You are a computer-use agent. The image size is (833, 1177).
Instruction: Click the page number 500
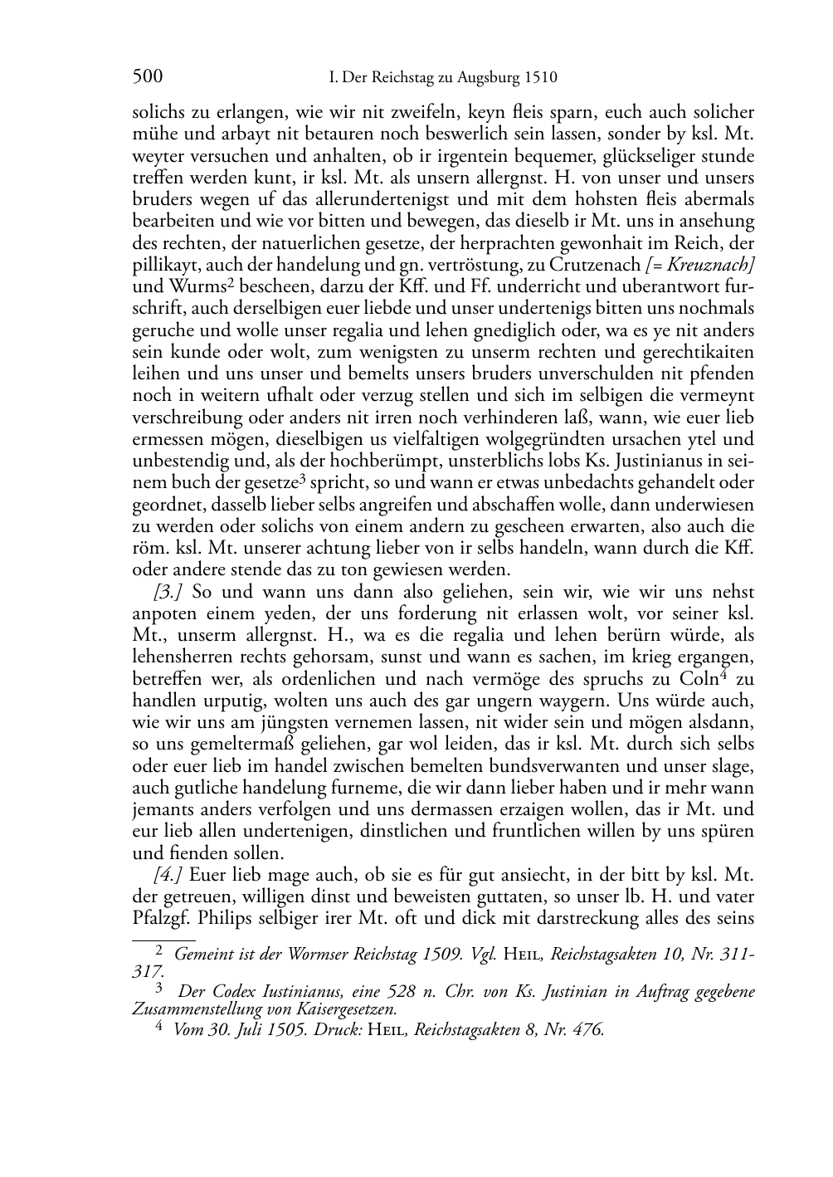pos(148,78)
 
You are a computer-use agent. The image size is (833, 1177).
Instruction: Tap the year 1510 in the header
pos(540,79)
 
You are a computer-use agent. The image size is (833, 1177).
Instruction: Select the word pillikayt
pos(161,264)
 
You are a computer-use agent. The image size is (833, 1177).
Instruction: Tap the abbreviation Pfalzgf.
pos(160,919)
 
